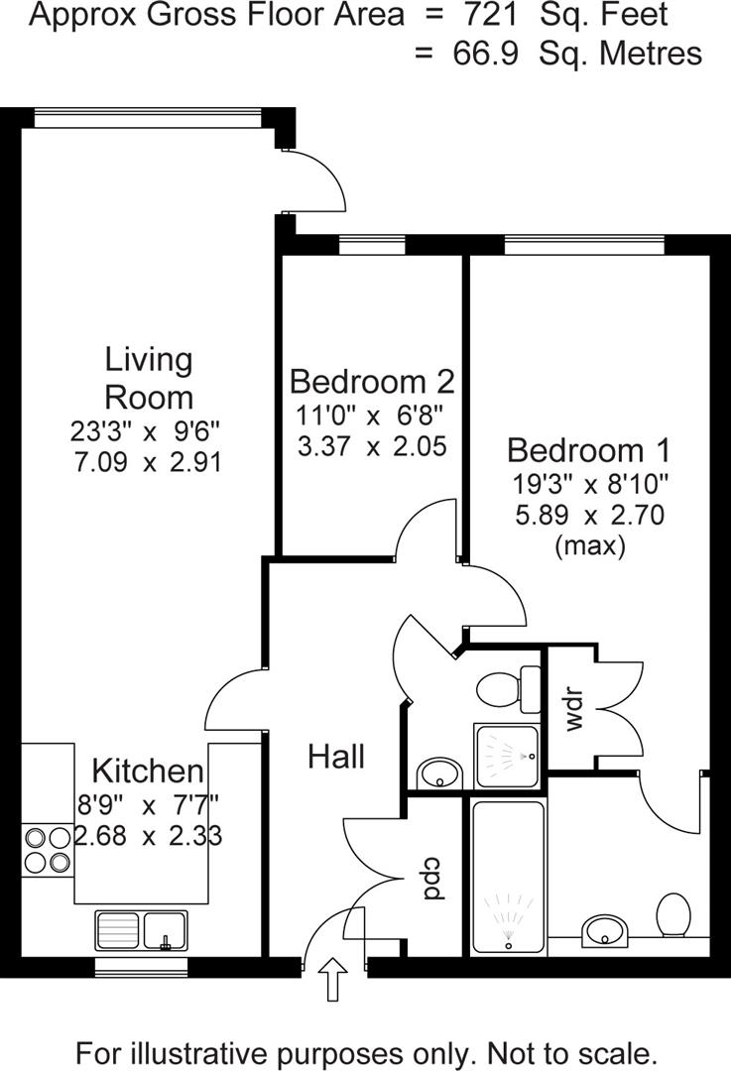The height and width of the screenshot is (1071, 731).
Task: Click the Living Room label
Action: click(x=149, y=378)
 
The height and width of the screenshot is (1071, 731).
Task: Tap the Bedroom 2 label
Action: click(x=372, y=381)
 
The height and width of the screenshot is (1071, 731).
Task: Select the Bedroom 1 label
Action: click(x=588, y=450)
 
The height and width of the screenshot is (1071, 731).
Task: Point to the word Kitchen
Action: click(x=148, y=771)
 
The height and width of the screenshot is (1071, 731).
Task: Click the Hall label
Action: click(x=336, y=757)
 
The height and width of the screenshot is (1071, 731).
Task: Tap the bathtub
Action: click(x=508, y=880)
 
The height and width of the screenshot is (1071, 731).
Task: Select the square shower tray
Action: click(x=508, y=760)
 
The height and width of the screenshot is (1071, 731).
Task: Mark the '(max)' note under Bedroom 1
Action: click(x=589, y=545)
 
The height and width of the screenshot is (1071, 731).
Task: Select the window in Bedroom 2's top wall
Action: click(x=372, y=245)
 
